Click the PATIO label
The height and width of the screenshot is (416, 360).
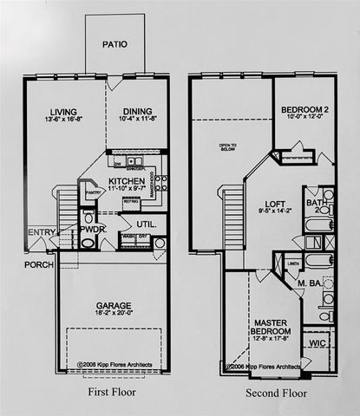point(115,44)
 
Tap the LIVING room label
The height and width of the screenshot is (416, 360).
point(63,112)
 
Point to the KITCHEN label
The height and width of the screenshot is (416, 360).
point(127,181)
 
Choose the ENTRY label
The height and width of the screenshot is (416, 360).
point(41,232)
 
